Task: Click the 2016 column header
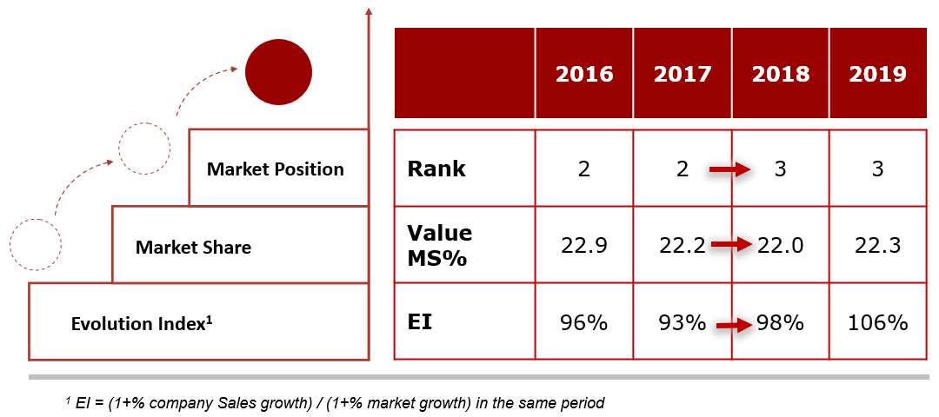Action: pyautogui.click(x=584, y=74)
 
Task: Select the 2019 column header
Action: pyautogui.click(x=877, y=74)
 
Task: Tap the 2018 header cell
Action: pyautogui.click(x=780, y=74)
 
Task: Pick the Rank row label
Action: pyautogui.click(x=436, y=169)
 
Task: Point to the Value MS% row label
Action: pyautogui.click(x=440, y=246)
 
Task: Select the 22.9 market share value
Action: pyautogui.click(x=584, y=245)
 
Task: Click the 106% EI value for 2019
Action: pyautogui.click(x=878, y=323)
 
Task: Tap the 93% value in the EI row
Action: pyautogui.click(x=683, y=323)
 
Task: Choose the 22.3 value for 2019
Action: pyautogui.click(x=877, y=245)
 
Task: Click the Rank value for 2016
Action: pyautogui.click(x=584, y=169)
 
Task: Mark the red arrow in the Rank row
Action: pyautogui.click(x=730, y=170)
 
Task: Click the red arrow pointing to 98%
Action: pyautogui.click(x=735, y=326)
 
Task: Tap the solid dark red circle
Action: pyautogui.click(x=278, y=73)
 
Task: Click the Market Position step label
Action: pyautogui.click(x=276, y=169)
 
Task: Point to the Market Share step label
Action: pyautogui.click(x=193, y=247)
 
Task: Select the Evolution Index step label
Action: pyautogui.click(x=143, y=324)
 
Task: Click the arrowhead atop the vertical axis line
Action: pyautogui.click(x=369, y=11)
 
